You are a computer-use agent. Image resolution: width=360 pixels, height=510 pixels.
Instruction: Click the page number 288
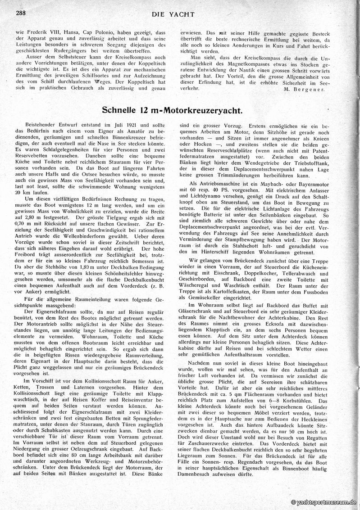pyautogui.click(x=21, y=13)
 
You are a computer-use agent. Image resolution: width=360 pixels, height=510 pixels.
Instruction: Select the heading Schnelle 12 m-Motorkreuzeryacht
pyautogui.click(x=180, y=109)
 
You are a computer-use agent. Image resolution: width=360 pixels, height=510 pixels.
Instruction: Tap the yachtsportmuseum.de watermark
pyautogui.click(x=324, y=502)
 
